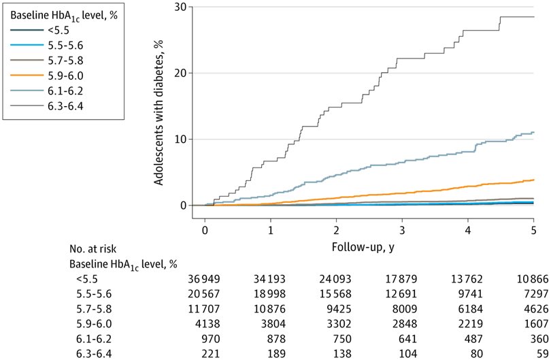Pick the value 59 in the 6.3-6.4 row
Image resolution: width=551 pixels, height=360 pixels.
[537, 352]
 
